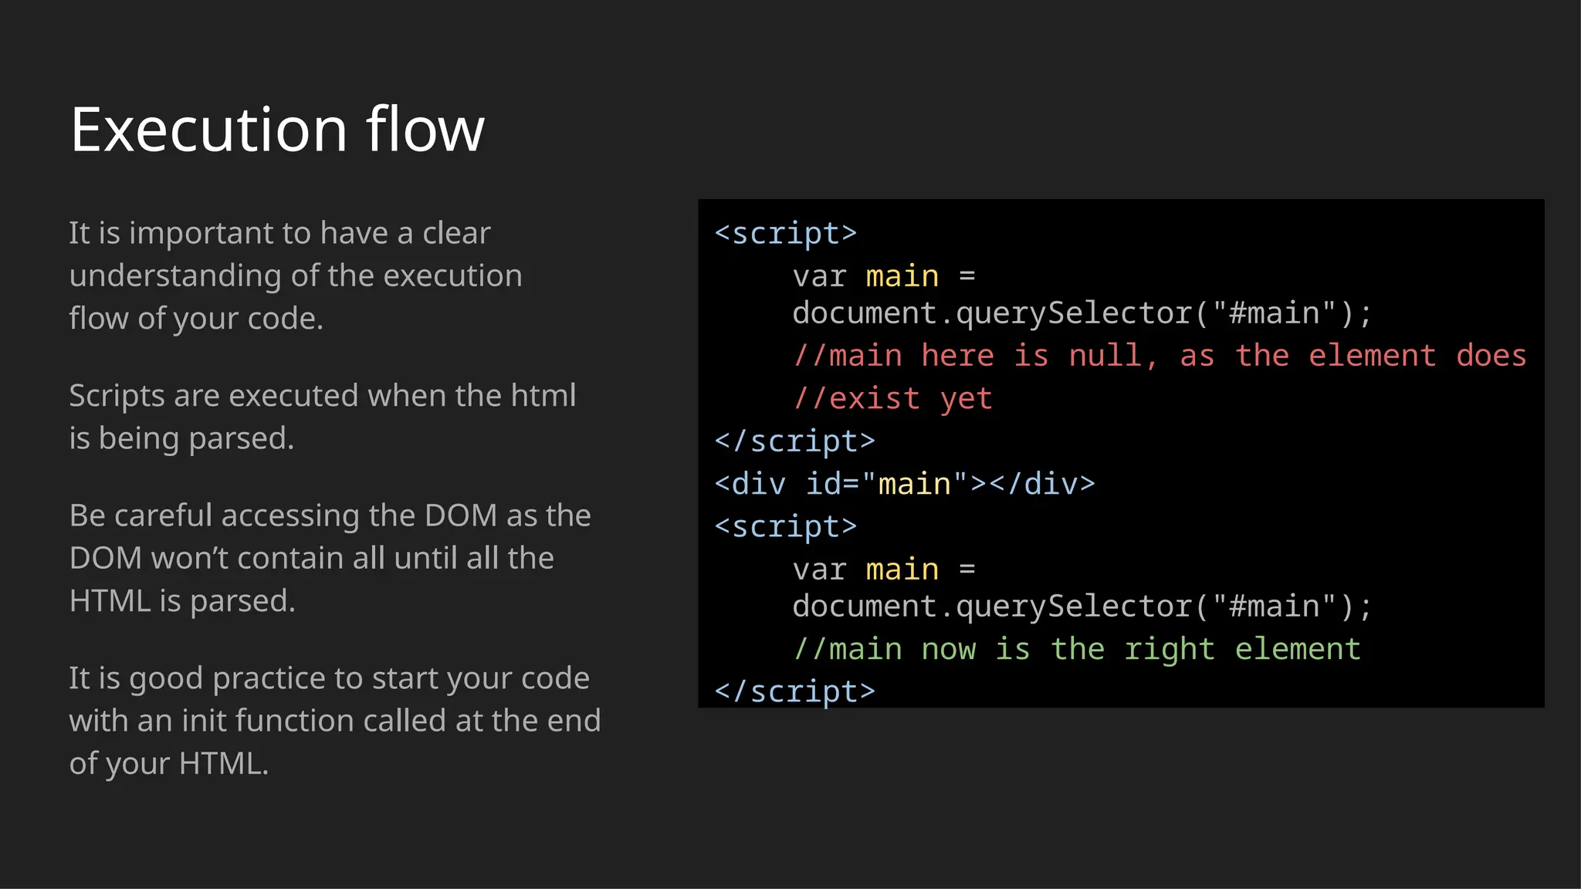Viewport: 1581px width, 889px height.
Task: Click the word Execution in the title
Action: click(208, 130)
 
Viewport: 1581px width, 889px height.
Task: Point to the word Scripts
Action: click(117, 396)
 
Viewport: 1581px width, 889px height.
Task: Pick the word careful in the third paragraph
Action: click(163, 515)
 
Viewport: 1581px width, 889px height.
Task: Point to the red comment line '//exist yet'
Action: click(892, 398)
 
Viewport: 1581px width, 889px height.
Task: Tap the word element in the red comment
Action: click(1372, 356)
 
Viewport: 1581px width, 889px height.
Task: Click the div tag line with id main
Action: click(904, 484)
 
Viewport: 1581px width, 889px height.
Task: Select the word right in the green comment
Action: click(1169, 649)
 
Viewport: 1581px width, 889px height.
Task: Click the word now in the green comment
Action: click(949, 649)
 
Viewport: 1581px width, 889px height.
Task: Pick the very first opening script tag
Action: click(786, 233)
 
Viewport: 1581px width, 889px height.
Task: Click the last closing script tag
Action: click(794, 691)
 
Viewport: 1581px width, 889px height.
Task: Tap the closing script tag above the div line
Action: click(794, 441)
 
